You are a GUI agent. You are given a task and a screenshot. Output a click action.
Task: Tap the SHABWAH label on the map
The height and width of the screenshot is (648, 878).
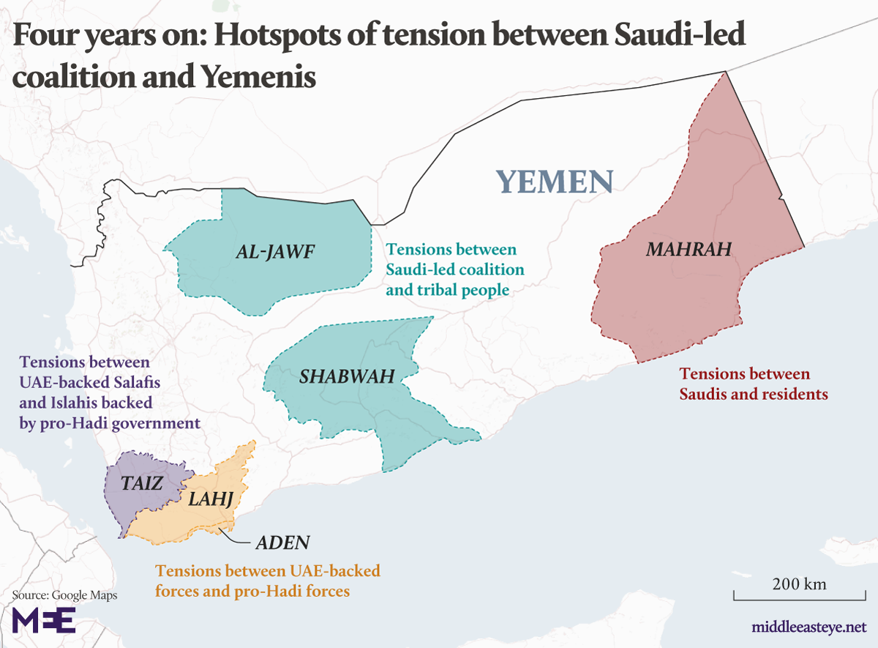point(347,377)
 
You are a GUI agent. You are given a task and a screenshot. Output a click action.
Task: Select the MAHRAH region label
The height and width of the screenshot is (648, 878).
point(688,250)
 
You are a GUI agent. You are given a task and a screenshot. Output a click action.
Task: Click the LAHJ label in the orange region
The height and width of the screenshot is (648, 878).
point(211,500)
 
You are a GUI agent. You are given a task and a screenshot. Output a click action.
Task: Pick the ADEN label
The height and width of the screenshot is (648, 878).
point(282,543)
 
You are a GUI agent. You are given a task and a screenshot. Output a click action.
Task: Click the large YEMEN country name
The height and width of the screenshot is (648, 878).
point(554,181)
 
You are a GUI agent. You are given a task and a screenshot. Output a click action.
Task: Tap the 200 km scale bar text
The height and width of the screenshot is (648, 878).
point(799,584)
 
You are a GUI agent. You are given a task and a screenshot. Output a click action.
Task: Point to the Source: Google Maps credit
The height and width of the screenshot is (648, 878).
point(64,595)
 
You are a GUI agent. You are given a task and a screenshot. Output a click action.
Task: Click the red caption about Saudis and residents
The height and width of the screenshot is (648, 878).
point(753,384)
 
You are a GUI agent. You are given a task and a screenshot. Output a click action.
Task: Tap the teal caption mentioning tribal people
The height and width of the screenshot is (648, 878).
point(455,270)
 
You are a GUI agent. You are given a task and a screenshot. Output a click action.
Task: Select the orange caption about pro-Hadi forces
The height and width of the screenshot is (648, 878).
point(267,581)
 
